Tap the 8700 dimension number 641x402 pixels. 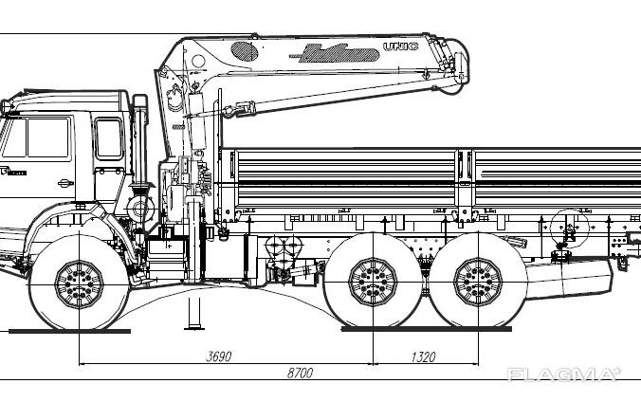click(x=300, y=375)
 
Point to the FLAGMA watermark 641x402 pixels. click(x=564, y=375)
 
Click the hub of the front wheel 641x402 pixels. click(x=78, y=283)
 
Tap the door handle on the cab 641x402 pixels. click(x=64, y=181)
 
